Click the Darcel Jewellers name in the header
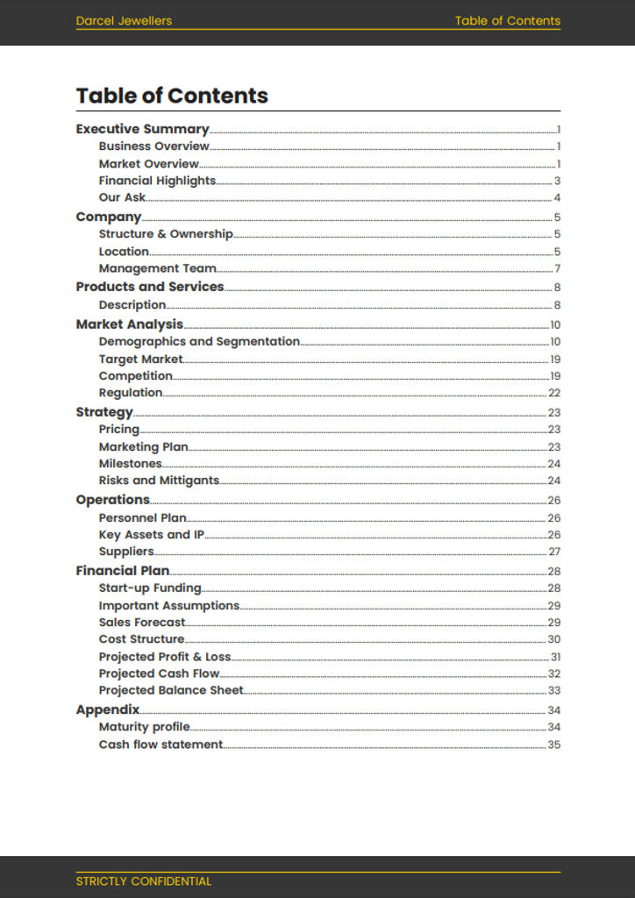coord(124,21)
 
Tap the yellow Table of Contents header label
coord(507,21)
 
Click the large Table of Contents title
coord(172,96)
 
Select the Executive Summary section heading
coord(142,129)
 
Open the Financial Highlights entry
coord(157,181)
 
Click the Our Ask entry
coord(122,197)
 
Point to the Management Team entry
coord(157,268)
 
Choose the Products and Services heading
coord(149,287)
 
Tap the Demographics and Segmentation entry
coord(199,341)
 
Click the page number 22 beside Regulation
coord(554,393)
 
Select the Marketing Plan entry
coord(143,446)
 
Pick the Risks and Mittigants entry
coord(159,481)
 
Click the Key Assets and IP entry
coord(151,535)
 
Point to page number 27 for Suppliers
coord(554,552)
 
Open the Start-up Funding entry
coord(150,588)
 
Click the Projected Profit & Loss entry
coord(165,657)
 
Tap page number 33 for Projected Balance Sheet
coord(554,690)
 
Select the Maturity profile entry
coord(144,727)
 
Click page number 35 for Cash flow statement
coord(554,745)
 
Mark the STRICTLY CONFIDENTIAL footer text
coord(143,881)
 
